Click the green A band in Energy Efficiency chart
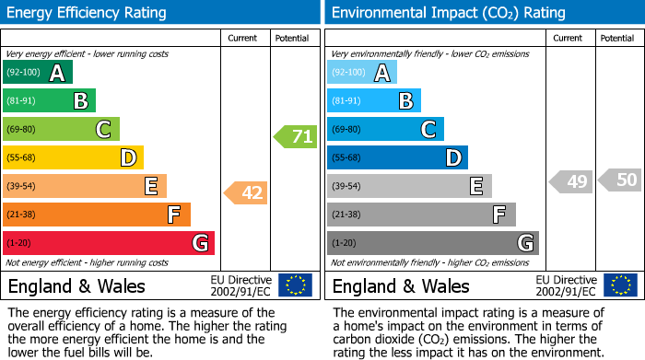click(38, 73)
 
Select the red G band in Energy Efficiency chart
click(109, 243)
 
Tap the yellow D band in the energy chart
click(73, 158)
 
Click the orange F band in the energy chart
click(97, 215)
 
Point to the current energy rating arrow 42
click(246, 193)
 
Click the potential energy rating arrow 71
click(295, 137)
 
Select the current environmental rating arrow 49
click(571, 181)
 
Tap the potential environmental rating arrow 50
click(620, 180)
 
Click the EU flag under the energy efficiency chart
click(295, 285)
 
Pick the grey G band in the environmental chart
click(433, 243)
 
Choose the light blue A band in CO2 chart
click(362, 73)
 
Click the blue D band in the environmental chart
click(397, 158)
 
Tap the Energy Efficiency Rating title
click(88, 13)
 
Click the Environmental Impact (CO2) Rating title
click(448, 13)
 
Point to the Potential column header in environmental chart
click(617, 38)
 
